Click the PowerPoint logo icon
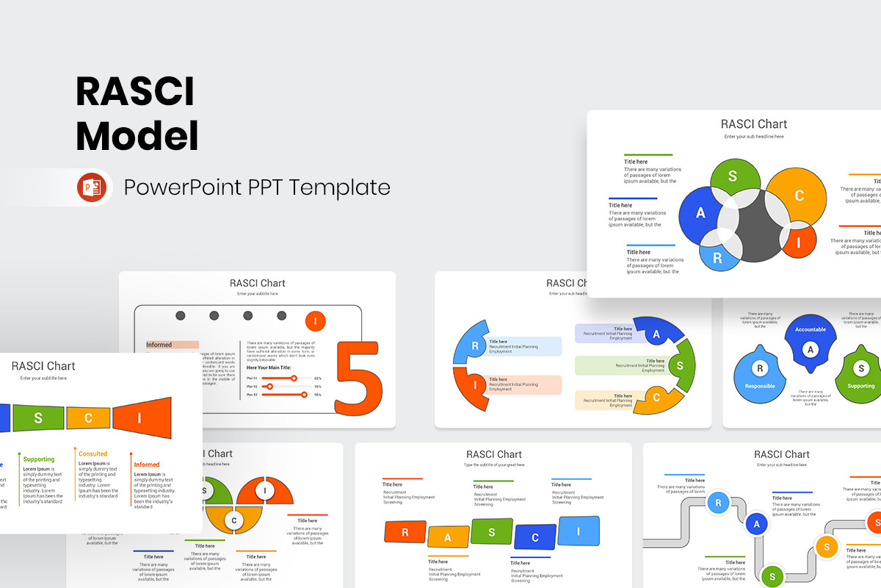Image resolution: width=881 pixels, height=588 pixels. pyautogui.click(x=92, y=187)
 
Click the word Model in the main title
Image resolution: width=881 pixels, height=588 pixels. pyautogui.click(x=137, y=137)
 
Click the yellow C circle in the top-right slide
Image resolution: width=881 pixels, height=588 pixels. pyautogui.click(x=799, y=196)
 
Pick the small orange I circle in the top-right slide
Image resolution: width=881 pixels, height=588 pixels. pyautogui.click(x=800, y=242)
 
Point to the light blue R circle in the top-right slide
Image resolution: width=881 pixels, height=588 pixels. pyautogui.click(x=717, y=258)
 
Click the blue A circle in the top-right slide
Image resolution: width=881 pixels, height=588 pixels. pyautogui.click(x=700, y=213)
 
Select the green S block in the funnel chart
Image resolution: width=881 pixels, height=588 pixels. pyautogui.click(x=38, y=418)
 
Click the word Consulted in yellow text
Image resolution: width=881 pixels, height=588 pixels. pyautogui.click(x=93, y=454)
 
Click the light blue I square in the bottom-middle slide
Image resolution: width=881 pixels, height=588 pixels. pyautogui.click(x=579, y=530)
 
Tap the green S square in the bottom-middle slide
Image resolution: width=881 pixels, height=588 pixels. pyautogui.click(x=492, y=531)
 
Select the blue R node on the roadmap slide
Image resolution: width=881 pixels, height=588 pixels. pyautogui.click(x=717, y=503)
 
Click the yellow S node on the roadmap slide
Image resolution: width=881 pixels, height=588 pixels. pyautogui.click(x=827, y=546)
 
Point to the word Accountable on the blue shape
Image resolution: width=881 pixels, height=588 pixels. pyautogui.click(x=811, y=329)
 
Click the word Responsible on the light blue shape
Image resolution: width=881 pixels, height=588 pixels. pyautogui.click(x=760, y=386)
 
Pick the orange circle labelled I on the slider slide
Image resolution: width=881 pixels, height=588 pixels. pyautogui.click(x=315, y=321)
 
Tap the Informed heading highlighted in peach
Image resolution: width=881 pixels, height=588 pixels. pyautogui.click(x=159, y=345)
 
